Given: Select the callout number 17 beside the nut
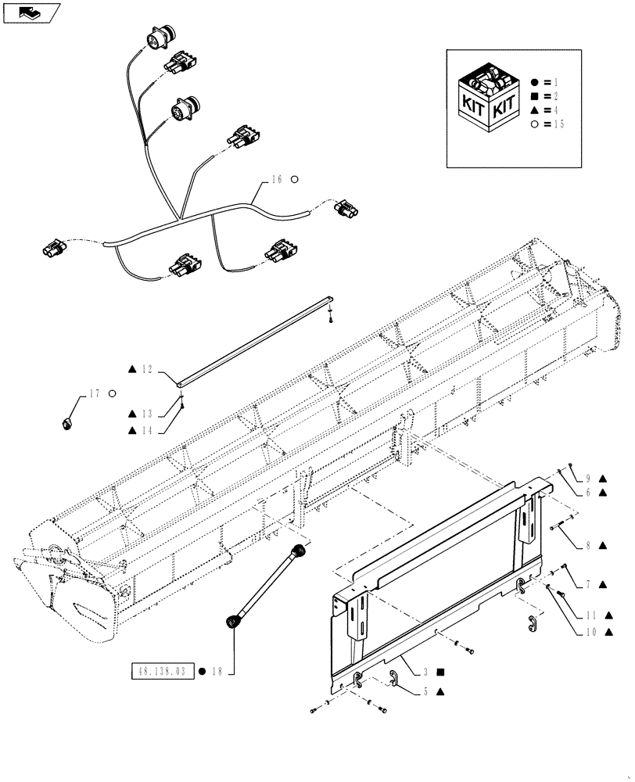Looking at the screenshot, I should coord(95,393).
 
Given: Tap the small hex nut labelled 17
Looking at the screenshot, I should coord(66,423).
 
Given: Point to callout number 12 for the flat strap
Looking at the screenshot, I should coord(149,369).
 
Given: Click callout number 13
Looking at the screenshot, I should coord(149,414).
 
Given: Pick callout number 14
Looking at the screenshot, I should coord(149,431).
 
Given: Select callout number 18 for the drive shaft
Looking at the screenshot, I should coord(216,671).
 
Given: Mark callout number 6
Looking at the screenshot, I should coord(588,493).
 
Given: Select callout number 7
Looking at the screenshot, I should coord(588,583).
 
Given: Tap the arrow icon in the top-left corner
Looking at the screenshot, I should coord(30,13).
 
